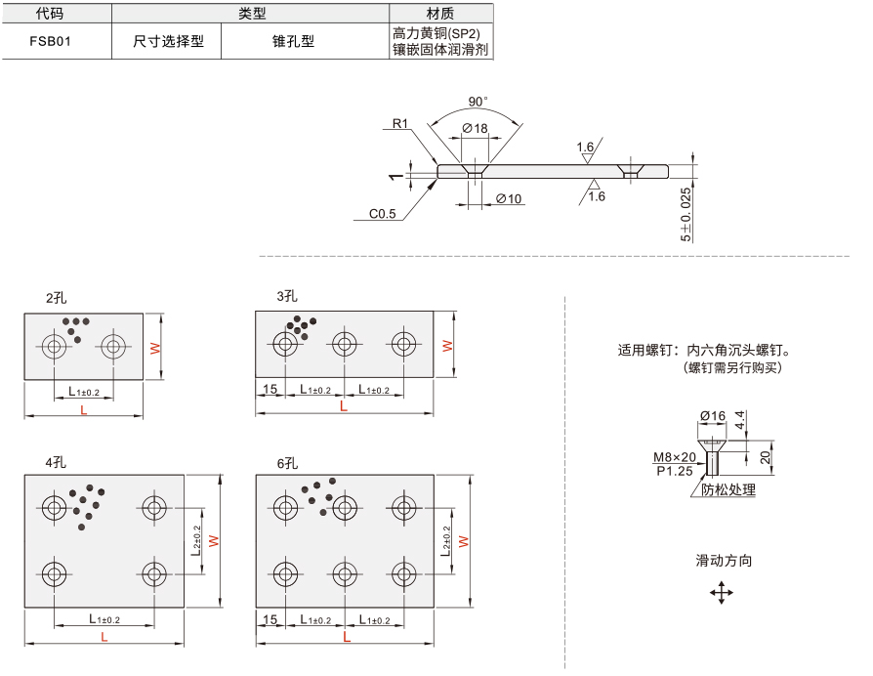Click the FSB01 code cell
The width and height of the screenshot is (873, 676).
tap(50, 41)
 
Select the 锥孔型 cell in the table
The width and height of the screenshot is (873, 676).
tap(293, 41)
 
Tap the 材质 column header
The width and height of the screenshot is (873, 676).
tap(439, 13)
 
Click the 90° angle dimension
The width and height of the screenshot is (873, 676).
tap(478, 102)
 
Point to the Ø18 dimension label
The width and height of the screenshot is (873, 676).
tap(475, 128)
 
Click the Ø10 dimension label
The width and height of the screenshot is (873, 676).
tap(509, 198)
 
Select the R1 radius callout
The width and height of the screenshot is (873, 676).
tap(400, 123)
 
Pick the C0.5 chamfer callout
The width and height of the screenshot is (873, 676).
tap(383, 213)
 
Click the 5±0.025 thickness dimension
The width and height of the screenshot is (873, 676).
tap(686, 214)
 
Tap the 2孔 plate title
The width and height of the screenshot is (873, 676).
tap(57, 298)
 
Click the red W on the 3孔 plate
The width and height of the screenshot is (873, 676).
tap(447, 346)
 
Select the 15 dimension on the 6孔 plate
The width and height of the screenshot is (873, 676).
tap(270, 619)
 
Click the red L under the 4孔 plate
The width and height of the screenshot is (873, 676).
tap(104, 637)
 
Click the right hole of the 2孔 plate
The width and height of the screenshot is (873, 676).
tap(113, 347)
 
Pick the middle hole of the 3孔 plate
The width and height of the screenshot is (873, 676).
tap(345, 344)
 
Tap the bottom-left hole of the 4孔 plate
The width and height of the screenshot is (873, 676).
tap(54, 574)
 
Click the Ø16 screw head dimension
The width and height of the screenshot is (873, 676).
tap(713, 416)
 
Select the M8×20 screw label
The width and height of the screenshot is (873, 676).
tap(674, 457)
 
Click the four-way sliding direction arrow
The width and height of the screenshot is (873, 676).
tap(722, 593)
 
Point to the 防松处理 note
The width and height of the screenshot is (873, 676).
tap(728, 490)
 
